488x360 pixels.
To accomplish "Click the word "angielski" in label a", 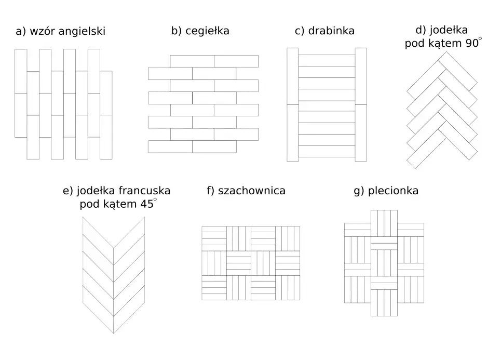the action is tap(82, 32).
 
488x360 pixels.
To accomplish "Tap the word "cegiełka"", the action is tap(207, 31).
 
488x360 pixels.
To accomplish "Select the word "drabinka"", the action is tap(331, 31).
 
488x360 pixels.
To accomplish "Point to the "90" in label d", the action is tap(472, 43).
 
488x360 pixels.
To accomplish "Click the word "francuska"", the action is tap(144, 191).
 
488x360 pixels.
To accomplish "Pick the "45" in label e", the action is tap(147, 204).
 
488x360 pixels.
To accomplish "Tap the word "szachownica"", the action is tap(251, 191).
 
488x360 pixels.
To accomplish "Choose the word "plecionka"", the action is tap(393, 191).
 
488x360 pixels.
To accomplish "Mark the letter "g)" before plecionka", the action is tap(359, 191).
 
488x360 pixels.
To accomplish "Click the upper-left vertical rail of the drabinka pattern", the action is tap(293, 76).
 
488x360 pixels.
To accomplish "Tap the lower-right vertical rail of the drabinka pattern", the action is tap(361, 133).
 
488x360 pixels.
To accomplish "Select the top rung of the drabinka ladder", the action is tap(327, 60).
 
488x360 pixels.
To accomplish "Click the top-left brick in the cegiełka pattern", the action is tap(192, 61).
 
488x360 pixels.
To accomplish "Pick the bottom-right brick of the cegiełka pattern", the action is tap(214, 146).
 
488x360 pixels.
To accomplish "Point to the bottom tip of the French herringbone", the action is tap(114, 333).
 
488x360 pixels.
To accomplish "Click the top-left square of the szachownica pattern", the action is tap(214, 238).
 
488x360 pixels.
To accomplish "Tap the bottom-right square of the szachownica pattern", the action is tap(288, 288).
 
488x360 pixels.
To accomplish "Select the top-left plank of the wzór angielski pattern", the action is tap(21, 71).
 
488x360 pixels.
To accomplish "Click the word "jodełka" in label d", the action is tap(448, 30).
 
